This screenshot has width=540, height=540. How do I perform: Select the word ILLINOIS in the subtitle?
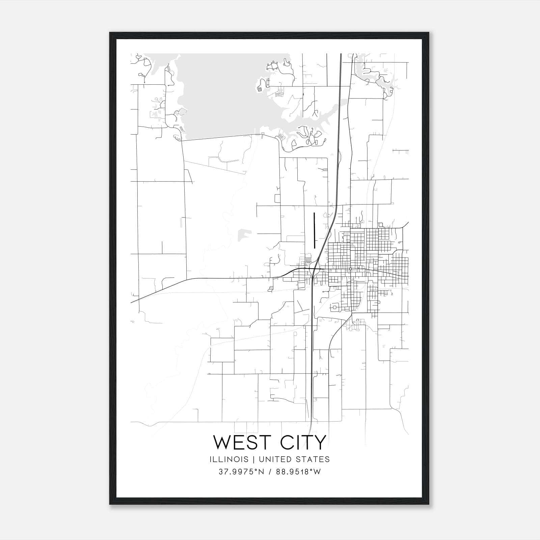click(229, 459)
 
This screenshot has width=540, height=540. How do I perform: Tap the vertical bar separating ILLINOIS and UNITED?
click(250, 459)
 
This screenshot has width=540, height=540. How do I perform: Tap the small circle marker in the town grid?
click(351, 269)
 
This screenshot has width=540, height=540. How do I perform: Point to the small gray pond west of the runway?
click(244, 234)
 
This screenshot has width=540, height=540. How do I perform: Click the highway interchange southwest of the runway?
click(314, 269)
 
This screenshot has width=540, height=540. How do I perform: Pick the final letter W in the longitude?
click(317, 472)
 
